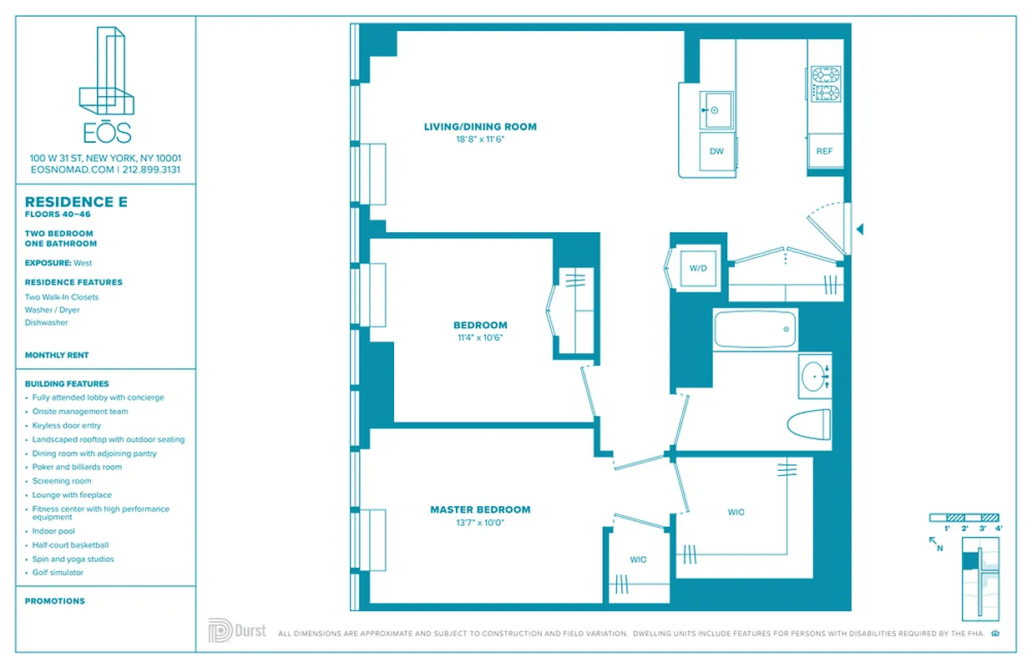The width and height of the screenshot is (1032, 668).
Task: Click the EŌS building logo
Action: pos(106,83)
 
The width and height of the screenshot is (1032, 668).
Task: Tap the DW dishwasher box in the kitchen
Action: pos(716,151)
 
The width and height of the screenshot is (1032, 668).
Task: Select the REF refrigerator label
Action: pos(824,151)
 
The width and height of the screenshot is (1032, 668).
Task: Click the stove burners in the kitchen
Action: pos(826,83)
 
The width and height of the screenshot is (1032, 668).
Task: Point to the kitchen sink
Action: pos(716,110)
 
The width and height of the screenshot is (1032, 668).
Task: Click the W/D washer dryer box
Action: pos(698,269)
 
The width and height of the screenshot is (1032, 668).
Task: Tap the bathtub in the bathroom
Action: pos(756,329)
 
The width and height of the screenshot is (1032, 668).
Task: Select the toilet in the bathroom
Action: pos(809,423)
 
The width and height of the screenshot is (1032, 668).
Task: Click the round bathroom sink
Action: pos(815,377)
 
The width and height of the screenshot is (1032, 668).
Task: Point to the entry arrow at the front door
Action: pos(860,229)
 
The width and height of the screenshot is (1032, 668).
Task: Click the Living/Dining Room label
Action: pos(480,127)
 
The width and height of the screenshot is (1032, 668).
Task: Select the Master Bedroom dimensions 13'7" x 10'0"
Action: pos(480,523)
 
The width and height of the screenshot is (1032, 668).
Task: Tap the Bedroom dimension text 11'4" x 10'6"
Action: pos(480,338)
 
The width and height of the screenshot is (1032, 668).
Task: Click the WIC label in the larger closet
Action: pos(736,512)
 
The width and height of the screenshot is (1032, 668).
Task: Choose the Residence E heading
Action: pos(70,202)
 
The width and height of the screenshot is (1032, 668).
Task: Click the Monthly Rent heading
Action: pos(57,355)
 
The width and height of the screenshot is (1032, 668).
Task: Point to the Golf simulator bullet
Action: pos(58,573)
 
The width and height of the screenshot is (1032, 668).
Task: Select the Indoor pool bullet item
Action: pos(53,531)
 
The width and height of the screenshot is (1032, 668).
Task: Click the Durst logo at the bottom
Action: pos(237,630)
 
